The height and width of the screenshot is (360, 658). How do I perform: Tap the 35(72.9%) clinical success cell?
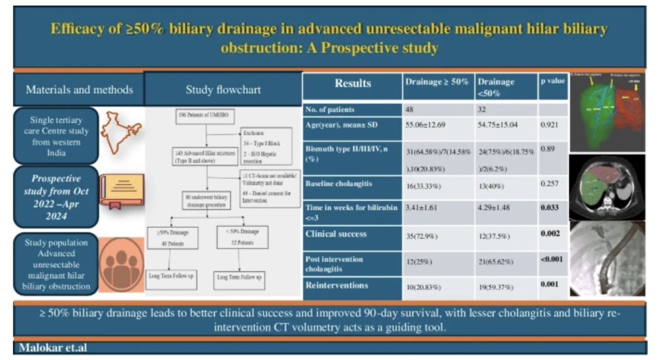click(x=424, y=237)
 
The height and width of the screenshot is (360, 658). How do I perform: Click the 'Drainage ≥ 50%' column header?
click(x=437, y=82)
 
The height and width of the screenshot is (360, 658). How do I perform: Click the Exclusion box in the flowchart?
click(x=266, y=145)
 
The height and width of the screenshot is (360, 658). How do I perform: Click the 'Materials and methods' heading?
click(x=79, y=89)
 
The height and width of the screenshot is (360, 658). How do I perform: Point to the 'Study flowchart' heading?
click(x=223, y=89)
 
